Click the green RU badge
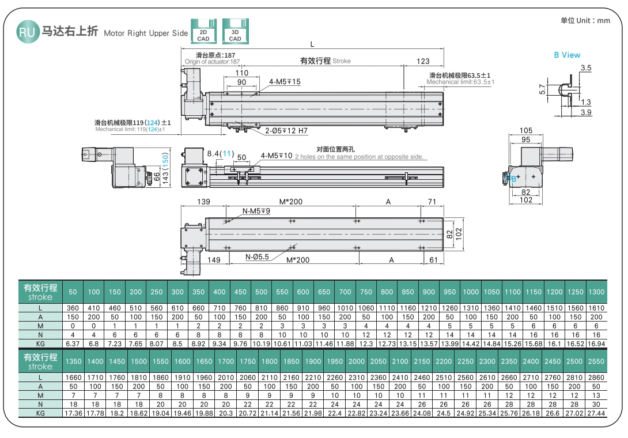27,32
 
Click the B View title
567,55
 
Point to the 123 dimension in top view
423,61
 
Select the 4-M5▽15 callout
285,82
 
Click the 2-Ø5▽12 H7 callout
286,131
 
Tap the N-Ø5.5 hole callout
257,257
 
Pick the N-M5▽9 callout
256,211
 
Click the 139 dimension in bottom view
203,202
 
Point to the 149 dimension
214,260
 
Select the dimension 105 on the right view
525,131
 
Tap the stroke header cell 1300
596,292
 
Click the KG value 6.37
73,344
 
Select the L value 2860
596,377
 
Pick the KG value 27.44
596,414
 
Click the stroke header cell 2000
357,361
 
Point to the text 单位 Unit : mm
585,21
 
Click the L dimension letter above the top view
312,44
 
